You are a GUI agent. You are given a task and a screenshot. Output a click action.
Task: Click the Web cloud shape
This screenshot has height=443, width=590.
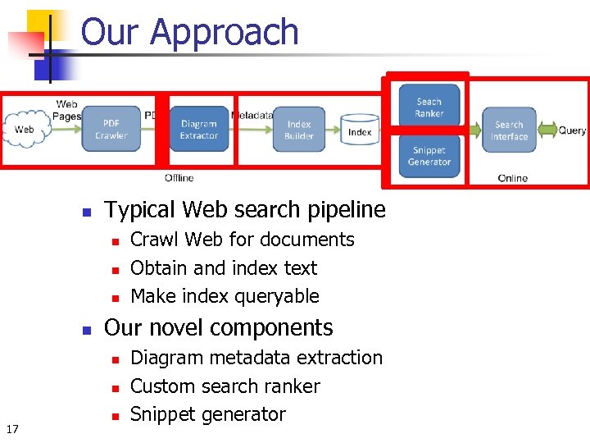pyautogui.click(x=25, y=130)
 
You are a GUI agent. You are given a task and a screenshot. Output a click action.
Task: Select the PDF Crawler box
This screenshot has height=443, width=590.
pyautogui.click(x=111, y=130)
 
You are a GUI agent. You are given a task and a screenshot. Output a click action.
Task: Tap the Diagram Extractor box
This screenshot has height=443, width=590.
pyautogui.click(x=199, y=130)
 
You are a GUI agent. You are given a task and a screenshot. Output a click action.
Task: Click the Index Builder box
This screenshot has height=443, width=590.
pyautogui.click(x=299, y=130)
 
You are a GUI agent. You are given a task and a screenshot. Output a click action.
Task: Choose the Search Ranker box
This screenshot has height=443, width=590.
pyautogui.click(x=429, y=107)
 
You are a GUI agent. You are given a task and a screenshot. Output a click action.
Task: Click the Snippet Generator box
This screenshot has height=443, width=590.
pyautogui.click(x=429, y=156)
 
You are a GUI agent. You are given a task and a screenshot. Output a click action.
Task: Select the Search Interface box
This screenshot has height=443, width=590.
pyautogui.click(x=510, y=130)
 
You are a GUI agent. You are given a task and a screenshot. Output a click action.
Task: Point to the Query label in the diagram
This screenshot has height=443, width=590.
pyautogui.click(x=572, y=130)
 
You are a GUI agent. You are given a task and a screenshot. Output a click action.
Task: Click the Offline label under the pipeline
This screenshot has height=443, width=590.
pyautogui.click(x=179, y=177)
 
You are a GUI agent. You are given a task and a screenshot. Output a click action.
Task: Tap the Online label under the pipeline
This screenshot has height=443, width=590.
pyautogui.click(x=513, y=178)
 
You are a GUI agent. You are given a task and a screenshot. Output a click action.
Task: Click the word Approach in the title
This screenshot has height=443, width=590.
pyautogui.click(x=225, y=33)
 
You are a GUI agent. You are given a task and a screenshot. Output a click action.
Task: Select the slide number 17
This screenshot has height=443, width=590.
pyautogui.click(x=12, y=428)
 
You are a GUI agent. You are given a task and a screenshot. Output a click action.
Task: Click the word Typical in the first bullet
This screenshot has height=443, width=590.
pyautogui.click(x=140, y=210)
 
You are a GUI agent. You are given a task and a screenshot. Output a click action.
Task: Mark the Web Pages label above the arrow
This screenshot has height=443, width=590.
pyautogui.click(x=67, y=110)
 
